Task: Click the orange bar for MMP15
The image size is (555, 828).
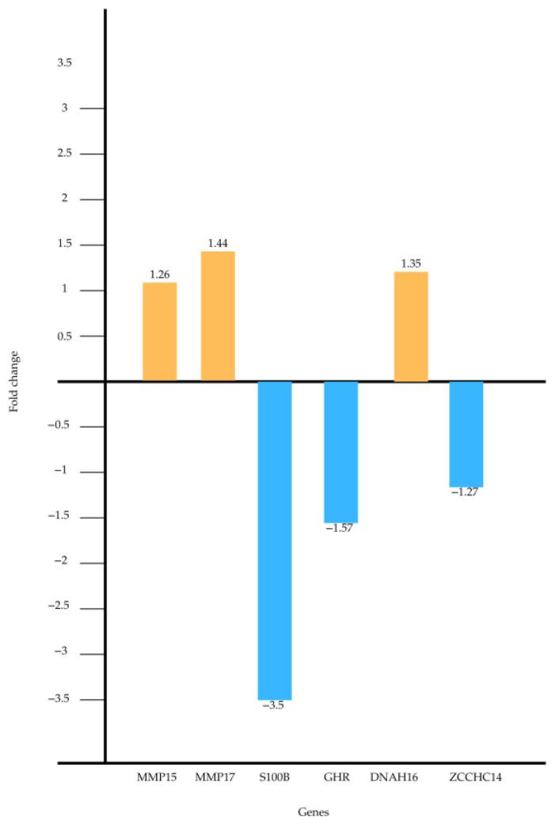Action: click(159, 332)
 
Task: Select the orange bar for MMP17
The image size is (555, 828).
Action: click(218, 316)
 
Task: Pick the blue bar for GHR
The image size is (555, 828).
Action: click(340, 451)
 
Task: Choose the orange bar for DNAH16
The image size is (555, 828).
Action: click(410, 326)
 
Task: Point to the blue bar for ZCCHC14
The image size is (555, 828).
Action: click(466, 434)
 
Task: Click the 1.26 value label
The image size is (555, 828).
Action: click(160, 275)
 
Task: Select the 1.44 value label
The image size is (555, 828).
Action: click(218, 244)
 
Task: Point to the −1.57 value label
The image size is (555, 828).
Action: click(339, 528)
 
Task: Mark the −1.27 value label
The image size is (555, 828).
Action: click(465, 492)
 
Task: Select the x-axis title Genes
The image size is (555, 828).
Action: click(314, 812)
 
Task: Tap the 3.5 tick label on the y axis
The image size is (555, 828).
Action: click(65, 63)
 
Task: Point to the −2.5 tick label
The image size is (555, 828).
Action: click(61, 609)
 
